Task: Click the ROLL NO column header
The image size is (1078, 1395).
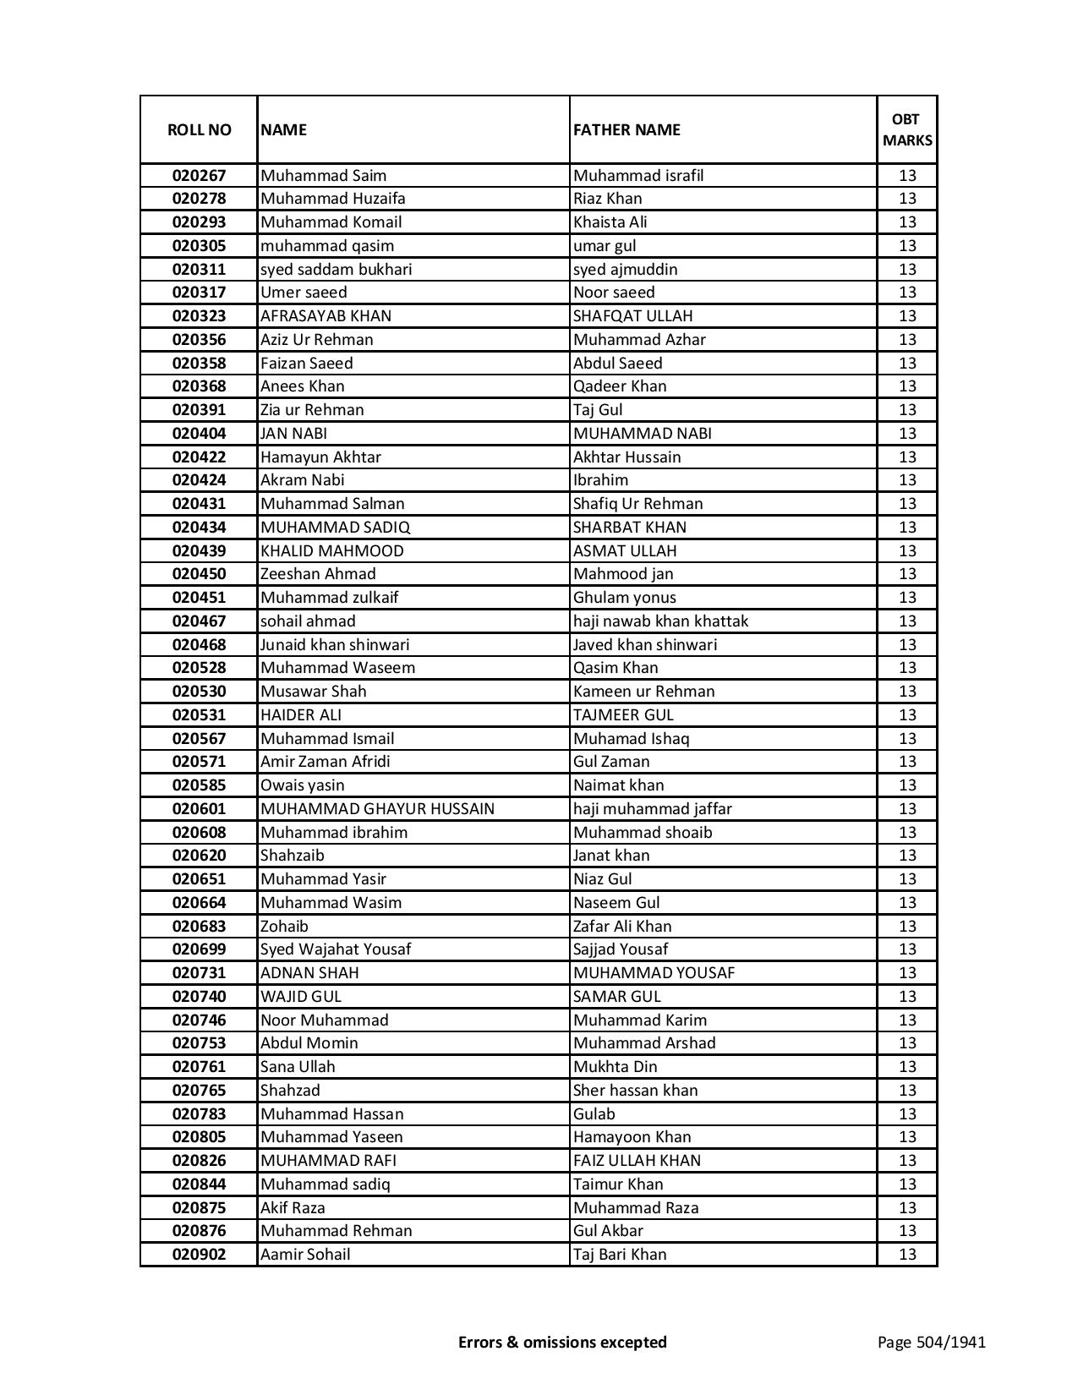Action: (199, 129)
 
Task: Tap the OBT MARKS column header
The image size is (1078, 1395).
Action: (907, 129)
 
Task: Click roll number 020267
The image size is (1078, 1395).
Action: (199, 176)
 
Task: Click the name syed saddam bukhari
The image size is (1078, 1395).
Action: (336, 270)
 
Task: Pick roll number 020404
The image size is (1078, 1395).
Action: (199, 434)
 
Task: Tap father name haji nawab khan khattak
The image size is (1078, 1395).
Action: (660, 621)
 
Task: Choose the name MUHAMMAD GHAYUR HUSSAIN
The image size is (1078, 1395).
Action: (377, 809)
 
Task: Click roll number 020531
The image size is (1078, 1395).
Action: (199, 715)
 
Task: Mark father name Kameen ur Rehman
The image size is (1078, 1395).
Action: (643, 692)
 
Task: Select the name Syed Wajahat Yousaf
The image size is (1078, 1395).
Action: (336, 949)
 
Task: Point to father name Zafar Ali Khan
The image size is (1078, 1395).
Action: (622, 927)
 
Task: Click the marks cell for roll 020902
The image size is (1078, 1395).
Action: (907, 1255)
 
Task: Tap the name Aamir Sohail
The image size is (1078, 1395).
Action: (304, 1255)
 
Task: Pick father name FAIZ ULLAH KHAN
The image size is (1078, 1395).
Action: (637, 1161)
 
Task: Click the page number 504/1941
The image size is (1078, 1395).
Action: (931, 1343)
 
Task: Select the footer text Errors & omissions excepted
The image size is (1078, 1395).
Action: (562, 1343)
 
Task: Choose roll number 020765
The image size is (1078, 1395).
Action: (199, 1091)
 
